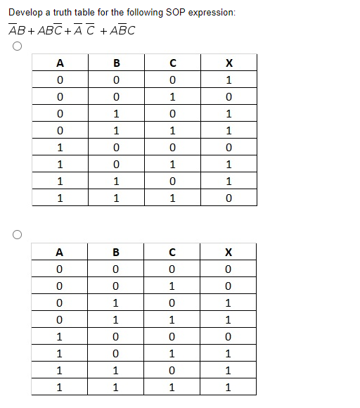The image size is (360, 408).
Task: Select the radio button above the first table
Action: click(15, 46)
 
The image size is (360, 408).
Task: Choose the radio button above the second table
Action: click(15, 234)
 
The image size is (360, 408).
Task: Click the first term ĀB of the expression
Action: click(18, 30)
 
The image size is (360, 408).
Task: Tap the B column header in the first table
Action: click(116, 63)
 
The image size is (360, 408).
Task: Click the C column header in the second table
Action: click(172, 252)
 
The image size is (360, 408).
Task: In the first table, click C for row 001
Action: click(172, 96)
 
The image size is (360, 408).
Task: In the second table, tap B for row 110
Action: click(116, 370)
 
